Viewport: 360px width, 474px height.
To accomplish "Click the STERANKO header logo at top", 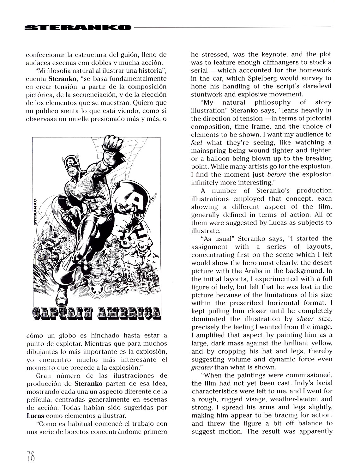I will click(x=78, y=27).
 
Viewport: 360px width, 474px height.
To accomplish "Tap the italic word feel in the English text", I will click(x=196, y=143).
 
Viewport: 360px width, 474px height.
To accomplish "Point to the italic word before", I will click(x=276, y=174).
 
